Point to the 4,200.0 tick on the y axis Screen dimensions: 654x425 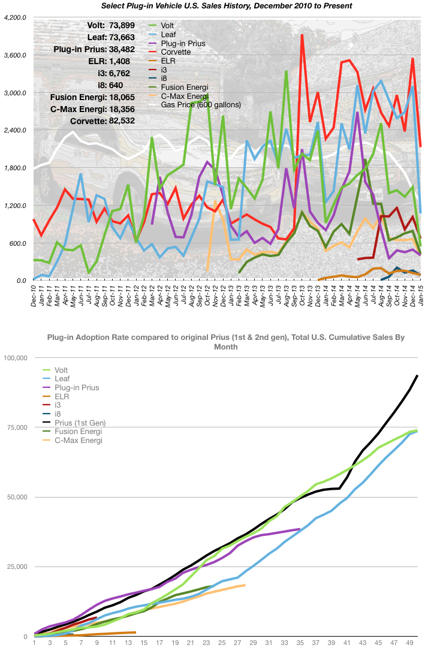tap(14, 18)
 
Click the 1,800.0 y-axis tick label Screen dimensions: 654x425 tap(14, 168)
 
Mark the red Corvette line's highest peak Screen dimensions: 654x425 tap(302, 35)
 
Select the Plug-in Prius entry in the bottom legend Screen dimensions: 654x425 tap(77, 388)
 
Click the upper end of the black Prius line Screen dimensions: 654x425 tap(417, 375)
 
